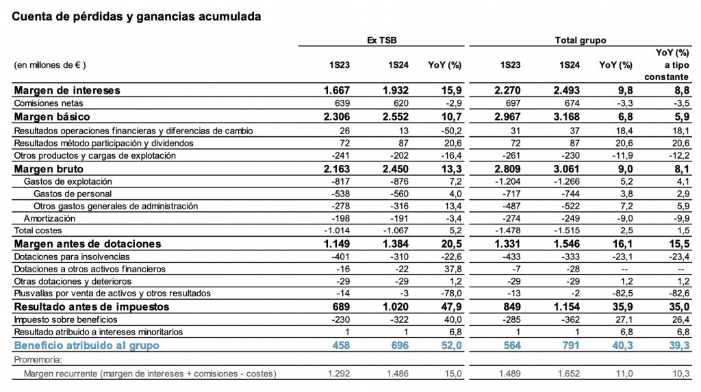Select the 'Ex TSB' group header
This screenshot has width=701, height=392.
(381, 40)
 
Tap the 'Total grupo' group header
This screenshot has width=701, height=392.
(580, 40)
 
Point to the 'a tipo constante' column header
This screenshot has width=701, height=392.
(672, 71)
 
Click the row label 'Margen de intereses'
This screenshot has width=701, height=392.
(67, 90)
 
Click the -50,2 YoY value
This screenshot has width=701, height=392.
(449, 130)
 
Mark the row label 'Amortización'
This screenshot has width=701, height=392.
(49, 218)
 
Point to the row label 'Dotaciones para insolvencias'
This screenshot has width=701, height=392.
(72, 257)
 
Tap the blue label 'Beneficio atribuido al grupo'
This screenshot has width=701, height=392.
(86, 345)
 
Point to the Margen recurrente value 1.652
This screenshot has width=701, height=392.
(567, 374)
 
